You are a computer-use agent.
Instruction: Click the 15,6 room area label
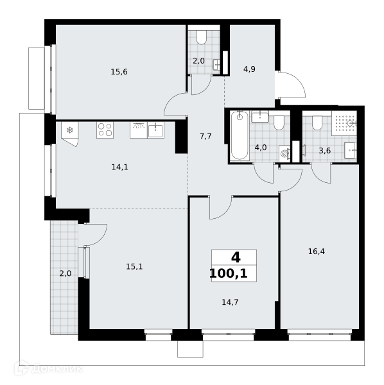click(x=119, y=72)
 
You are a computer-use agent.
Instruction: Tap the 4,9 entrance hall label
click(x=249, y=69)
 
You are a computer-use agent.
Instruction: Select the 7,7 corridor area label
click(x=205, y=136)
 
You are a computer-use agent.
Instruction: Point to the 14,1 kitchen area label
click(x=119, y=167)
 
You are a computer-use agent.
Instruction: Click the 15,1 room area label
click(x=134, y=266)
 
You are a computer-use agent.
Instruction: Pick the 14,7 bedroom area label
click(x=230, y=302)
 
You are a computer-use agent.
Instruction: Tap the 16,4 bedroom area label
click(x=317, y=252)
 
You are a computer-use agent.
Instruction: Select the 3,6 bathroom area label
click(x=324, y=151)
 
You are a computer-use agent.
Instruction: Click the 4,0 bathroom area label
click(x=261, y=148)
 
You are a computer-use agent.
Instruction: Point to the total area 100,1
click(x=229, y=273)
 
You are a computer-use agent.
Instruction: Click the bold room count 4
click(x=236, y=257)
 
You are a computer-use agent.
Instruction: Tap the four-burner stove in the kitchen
click(x=105, y=130)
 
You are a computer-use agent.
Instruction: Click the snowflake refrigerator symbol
click(x=70, y=130)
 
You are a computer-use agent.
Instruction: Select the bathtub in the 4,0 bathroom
click(x=240, y=135)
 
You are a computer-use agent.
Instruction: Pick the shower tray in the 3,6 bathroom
click(x=344, y=123)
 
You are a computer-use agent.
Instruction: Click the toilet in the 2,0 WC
click(x=202, y=38)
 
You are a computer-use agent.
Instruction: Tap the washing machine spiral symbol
click(x=284, y=154)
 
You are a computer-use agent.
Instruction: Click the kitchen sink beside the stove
click(x=155, y=130)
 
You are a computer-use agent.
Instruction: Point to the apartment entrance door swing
click(x=292, y=84)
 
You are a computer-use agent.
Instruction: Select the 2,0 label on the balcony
click(x=65, y=273)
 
